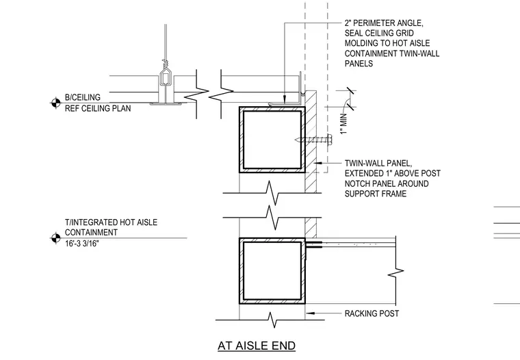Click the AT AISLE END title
point(257,346)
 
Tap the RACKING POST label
point(372,313)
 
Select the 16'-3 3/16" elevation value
point(82,244)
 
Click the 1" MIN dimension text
point(343,124)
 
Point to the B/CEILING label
point(83,97)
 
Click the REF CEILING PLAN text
point(98,109)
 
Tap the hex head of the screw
point(330,140)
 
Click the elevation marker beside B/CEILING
point(55,103)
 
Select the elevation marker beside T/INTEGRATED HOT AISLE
point(55,238)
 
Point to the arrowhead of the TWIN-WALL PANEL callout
point(317,163)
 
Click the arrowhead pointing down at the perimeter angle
point(284,99)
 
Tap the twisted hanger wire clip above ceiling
point(165,63)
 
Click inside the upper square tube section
point(272,140)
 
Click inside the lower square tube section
point(272,271)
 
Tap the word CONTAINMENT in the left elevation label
point(91,233)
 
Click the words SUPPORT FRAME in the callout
point(376,194)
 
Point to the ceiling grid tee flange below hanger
point(166,104)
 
